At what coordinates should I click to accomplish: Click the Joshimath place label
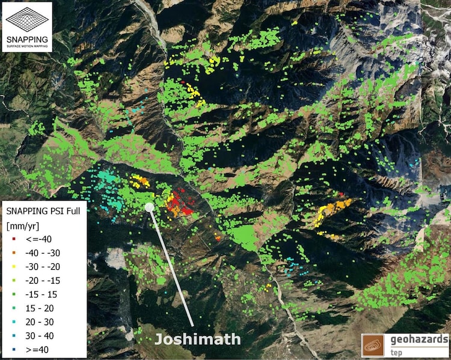(197, 339)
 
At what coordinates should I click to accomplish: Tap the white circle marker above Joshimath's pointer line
(149, 207)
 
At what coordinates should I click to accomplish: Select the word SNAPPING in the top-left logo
(26, 38)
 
